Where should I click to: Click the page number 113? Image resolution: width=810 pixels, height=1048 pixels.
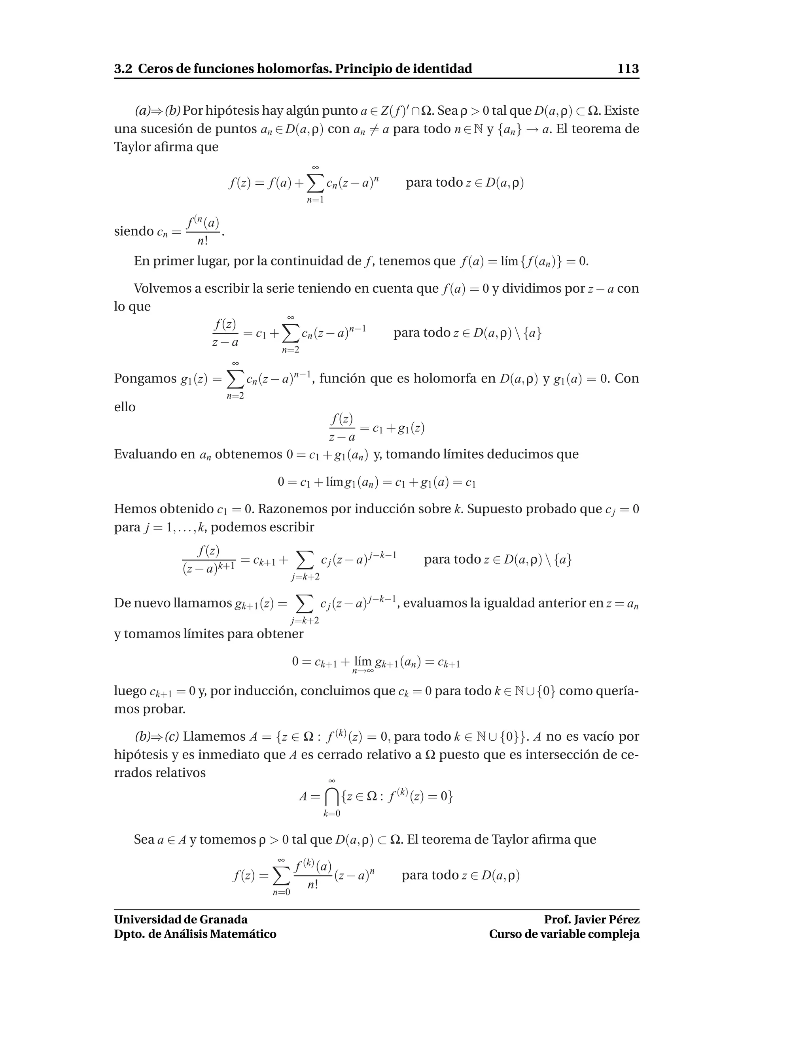628,69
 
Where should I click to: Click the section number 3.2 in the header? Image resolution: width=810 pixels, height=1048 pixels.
123,69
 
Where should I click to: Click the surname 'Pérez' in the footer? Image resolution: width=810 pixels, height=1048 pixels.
624,919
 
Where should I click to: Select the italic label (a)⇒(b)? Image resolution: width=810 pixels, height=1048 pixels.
157,111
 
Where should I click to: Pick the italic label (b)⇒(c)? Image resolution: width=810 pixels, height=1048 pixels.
157,737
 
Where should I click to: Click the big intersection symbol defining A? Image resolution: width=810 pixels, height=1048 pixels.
331,797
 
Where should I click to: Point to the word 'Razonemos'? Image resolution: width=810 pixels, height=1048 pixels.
292,509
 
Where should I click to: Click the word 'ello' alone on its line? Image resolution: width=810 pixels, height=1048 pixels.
125,407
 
